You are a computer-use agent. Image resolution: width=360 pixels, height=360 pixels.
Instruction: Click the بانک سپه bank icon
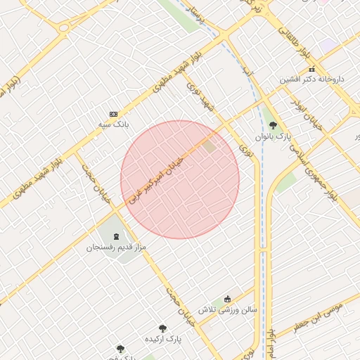(x=113, y=114)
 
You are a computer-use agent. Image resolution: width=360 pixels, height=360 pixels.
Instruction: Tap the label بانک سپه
(x=113, y=124)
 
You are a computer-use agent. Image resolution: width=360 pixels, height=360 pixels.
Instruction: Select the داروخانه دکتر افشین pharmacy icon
(x=311, y=69)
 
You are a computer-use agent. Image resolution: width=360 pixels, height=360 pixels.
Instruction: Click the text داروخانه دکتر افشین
(x=312, y=79)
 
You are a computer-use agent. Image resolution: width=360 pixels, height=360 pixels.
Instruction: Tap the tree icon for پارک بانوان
(x=273, y=124)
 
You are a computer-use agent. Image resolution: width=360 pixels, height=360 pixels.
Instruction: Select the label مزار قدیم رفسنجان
(x=112, y=247)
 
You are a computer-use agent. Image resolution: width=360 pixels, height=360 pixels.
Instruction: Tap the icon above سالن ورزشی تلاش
(x=226, y=299)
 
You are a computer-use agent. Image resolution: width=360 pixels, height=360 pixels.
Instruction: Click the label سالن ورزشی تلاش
(x=226, y=309)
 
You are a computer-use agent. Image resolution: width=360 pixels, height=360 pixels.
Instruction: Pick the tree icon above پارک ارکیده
(x=162, y=328)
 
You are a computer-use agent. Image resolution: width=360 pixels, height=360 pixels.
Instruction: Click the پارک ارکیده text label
(x=162, y=338)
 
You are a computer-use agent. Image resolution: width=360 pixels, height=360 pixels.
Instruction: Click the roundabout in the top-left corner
(x=64, y=29)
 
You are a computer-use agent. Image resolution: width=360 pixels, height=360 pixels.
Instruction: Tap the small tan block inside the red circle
(x=210, y=146)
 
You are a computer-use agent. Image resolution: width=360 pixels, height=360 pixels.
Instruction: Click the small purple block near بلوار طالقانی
(x=328, y=45)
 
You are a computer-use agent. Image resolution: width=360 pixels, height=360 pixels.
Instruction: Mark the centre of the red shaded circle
(x=180, y=179)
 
